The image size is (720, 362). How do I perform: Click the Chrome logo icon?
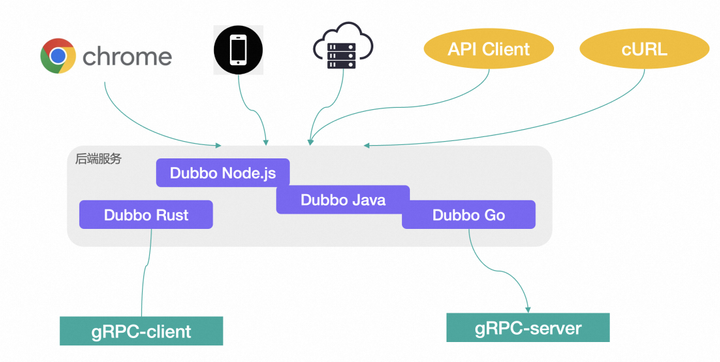(x=58, y=56)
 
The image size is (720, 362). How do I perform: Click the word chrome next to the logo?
(x=127, y=57)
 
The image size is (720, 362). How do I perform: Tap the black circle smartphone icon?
(x=238, y=51)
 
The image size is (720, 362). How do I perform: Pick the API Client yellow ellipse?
(x=489, y=50)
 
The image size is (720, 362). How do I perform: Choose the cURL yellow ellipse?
(x=644, y=50)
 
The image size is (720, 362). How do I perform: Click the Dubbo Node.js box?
(x=223, y=173)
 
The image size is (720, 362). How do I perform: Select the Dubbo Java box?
(x=343, y=200)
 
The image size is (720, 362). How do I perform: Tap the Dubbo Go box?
(x=469, y=215)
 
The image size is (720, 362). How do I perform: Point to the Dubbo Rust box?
(x=146, y=215)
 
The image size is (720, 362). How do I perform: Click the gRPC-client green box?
(x=141, y=331)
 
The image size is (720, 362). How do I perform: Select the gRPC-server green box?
(x=528, y=327)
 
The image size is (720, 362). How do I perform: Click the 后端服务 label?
(x=99, y=160)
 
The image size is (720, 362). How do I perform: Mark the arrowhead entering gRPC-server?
(x=528, y=309)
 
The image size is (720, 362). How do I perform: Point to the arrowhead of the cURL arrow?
(x=366, y=144)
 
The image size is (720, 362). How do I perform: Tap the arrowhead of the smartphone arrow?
(x=266, y=141)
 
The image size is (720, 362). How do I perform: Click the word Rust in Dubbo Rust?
(x=172, y=215)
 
